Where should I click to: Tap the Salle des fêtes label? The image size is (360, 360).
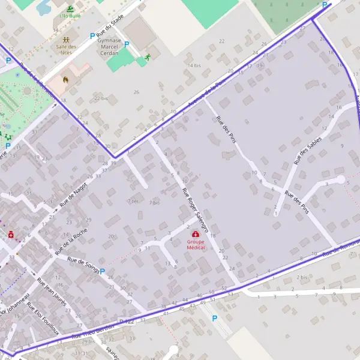[66, 49]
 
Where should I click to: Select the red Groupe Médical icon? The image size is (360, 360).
[196, 235]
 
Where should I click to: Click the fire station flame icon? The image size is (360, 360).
[66, 78]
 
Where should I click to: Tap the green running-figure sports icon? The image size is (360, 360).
[148, 57]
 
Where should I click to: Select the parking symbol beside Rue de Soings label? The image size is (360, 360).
[103, 271]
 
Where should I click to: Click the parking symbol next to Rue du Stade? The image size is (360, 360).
[92, 36]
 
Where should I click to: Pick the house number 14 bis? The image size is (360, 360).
[194, 65]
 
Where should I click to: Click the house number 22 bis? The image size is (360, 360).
[101, 98]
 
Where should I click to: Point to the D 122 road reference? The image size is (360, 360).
[127, 322]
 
